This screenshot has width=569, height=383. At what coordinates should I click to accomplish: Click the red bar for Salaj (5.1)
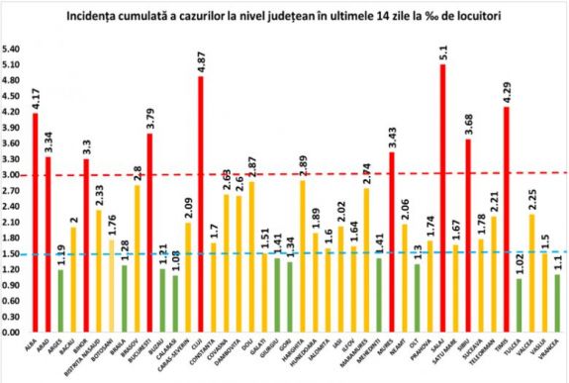[441, 198]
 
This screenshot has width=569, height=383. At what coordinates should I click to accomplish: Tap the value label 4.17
[36, 99]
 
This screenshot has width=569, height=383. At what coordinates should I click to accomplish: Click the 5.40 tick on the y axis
[15, 48]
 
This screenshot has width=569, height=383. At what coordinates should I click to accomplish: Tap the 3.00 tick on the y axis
[15, 174]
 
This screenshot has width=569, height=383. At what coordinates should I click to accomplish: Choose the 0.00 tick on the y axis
[15, 331]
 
